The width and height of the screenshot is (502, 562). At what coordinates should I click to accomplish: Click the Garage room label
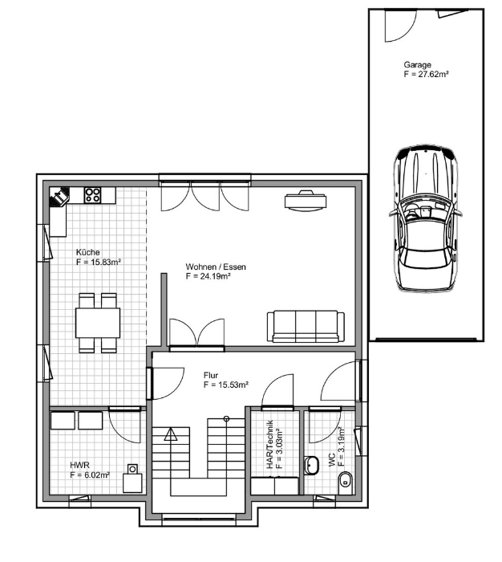click(x=417, y=65)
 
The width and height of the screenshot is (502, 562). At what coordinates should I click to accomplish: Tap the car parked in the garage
click(x=425, y=218)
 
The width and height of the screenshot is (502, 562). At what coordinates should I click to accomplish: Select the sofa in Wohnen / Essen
click(x=306, y=326)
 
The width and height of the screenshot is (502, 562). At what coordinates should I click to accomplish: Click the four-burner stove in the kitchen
click(x=92, y=195)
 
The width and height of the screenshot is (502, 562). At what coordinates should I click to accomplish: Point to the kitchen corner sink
click(x=59, y=197)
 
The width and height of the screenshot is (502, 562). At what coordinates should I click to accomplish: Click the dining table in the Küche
click(x=98, y=323)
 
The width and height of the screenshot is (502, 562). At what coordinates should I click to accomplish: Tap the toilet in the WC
click(x=346, y=480)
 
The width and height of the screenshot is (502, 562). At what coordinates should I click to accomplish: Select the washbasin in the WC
click(x=311, y=465)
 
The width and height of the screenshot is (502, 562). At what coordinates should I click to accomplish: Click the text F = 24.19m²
click(x=208, y=276)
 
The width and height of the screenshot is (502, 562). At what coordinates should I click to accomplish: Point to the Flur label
click(x=211, y=375)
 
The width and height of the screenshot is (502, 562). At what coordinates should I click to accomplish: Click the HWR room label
click(x=79, y=466)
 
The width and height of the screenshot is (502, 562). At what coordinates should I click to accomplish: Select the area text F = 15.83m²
click(x=99, y=262)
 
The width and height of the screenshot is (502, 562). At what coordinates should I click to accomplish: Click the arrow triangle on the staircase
click(x=171, y=434)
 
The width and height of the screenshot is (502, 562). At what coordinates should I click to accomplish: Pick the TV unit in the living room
click(x=306, y=201)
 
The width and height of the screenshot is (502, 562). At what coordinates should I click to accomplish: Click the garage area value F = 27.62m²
click(x=427, y=74)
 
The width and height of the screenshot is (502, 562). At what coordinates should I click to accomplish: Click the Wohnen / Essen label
click(x=216, y=267)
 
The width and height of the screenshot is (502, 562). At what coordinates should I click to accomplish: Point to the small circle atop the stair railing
click(x=226, y=418)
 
